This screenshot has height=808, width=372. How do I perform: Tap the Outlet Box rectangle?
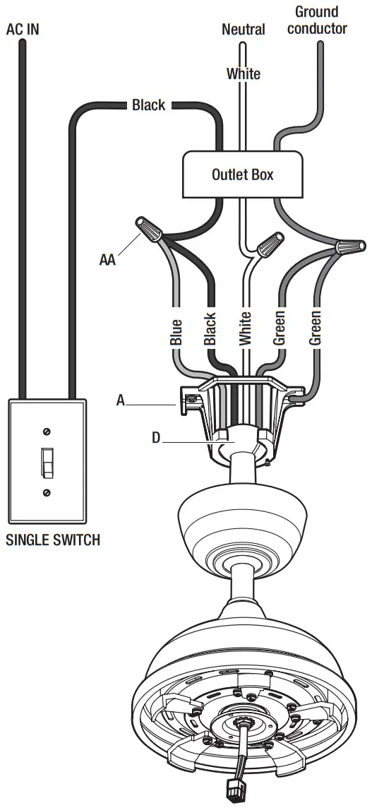[242, 174]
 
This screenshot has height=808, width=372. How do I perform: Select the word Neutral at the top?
[244, 30]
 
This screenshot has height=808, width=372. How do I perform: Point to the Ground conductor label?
[317, 20]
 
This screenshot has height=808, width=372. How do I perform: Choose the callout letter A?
[121, 400]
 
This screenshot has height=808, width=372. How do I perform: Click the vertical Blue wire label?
[176, 333]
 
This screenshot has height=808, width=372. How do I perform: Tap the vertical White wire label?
[245, 328]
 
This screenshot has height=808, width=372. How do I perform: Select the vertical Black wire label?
[210, 330]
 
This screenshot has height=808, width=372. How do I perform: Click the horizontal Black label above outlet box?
[149, 105]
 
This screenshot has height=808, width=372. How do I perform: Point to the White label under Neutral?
[244, 73]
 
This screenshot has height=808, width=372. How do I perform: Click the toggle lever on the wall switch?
[47, 462]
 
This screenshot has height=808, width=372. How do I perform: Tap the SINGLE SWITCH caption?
[53, 540]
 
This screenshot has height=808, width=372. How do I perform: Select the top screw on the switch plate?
[47, 431]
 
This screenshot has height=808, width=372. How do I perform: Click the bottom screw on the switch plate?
[47, 492]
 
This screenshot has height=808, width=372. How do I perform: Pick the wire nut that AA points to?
[150, 230]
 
